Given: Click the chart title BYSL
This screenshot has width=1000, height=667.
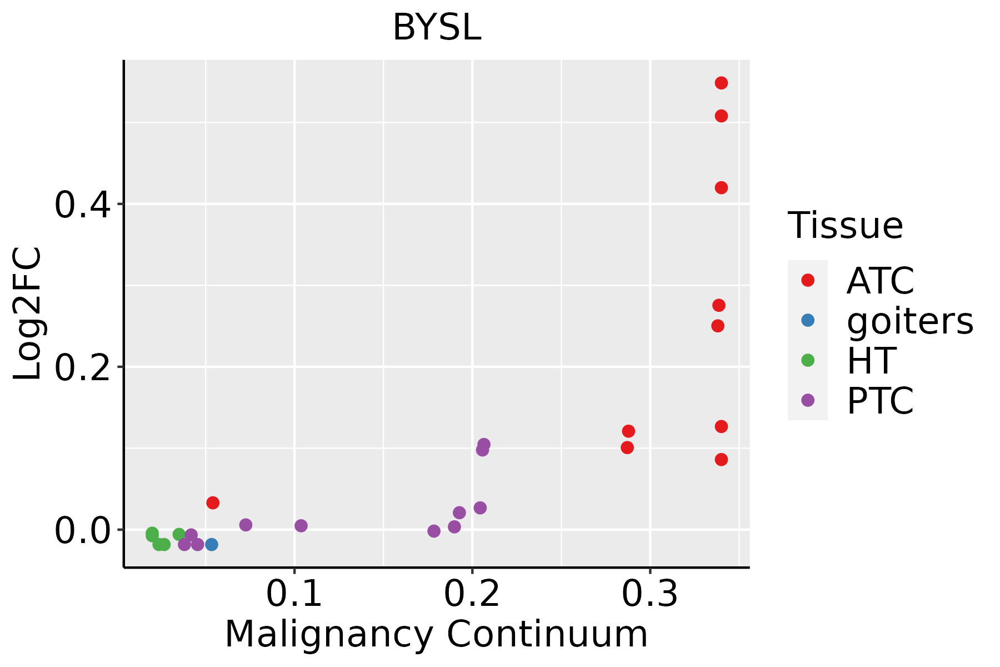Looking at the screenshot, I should (x=437, y=28).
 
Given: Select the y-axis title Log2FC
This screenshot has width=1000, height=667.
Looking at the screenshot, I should (x=28, y=314).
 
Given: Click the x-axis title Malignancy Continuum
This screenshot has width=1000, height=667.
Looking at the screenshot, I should (x=436, y=634).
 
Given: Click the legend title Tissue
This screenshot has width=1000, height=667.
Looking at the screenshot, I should (x=846, y=226).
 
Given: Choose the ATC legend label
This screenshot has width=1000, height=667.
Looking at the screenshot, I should (x=880, y=281).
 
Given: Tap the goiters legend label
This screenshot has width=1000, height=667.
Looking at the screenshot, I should (x=910, y=321).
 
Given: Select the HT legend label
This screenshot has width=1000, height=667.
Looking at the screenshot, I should (x=871, y=361).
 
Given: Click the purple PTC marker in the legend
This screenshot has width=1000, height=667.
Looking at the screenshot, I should (x=808, y=400).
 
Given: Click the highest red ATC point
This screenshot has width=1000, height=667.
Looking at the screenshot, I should (x=721, y=83).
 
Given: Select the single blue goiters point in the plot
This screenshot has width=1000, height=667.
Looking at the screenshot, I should (x=211, y=544).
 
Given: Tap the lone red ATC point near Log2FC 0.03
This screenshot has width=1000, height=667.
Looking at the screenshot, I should (x=213, y=502).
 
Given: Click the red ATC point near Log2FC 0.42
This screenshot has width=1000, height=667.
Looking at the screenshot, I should (x=721, y=188).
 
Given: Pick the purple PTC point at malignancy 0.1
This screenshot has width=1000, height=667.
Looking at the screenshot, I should (x=301, y=525).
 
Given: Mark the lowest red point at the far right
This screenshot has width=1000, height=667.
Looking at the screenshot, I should (x=721, y=460).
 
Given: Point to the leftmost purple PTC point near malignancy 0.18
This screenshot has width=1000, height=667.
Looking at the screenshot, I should (x=434, y=531).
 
